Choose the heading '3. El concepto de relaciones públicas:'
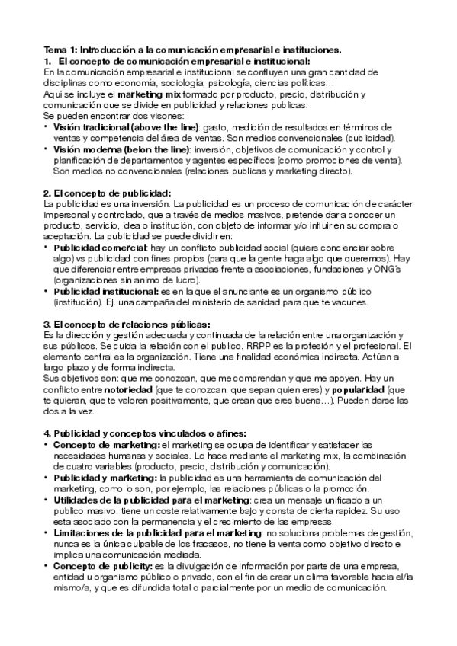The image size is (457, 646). [x=127, y=302]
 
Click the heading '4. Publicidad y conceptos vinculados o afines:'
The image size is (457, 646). [x=145, y=433]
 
